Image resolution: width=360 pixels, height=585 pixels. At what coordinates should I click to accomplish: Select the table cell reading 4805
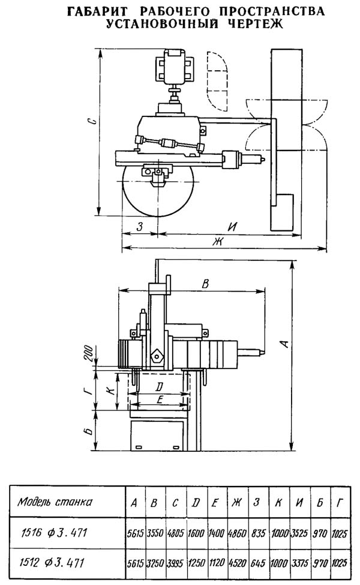click(175, 533)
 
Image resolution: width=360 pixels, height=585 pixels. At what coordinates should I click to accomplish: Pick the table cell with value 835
click(258, 533)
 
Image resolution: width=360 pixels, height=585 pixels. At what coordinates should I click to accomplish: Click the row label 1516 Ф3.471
click(53, 533)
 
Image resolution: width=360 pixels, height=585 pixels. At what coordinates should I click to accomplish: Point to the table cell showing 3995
click(175, 563)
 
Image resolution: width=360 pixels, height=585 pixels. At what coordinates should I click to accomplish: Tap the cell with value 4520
click(237, 563)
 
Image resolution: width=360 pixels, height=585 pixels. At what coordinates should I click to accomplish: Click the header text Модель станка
click(55, 502)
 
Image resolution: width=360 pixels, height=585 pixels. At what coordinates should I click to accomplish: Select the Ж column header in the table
click(236, 503)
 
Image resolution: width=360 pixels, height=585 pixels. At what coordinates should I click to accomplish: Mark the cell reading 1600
click(196, 533)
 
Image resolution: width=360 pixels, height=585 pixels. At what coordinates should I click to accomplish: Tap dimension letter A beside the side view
click(285, 343)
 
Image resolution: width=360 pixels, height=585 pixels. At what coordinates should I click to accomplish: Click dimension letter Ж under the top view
click(217, 241)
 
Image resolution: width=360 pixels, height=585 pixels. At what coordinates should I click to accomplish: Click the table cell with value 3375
click(299, 563)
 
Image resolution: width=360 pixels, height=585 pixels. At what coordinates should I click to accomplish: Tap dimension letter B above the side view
click(205, 284)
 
